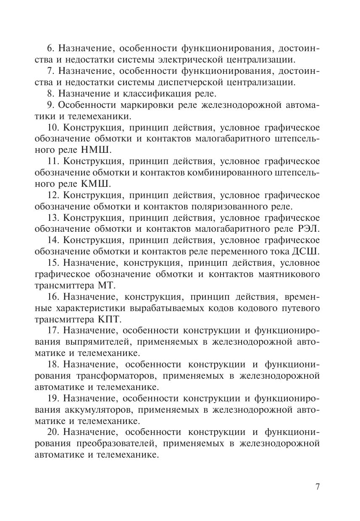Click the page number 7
[318, 487]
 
